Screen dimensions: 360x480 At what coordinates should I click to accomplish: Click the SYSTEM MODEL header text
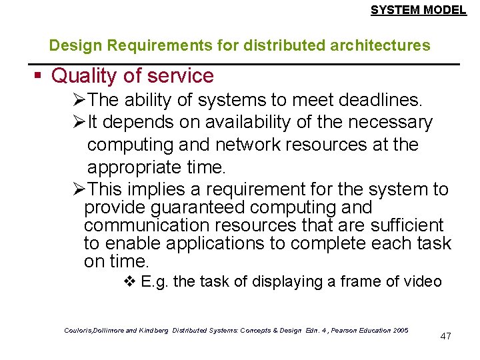pos(418,10)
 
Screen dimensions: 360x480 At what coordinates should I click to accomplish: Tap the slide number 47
pos(446,335)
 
